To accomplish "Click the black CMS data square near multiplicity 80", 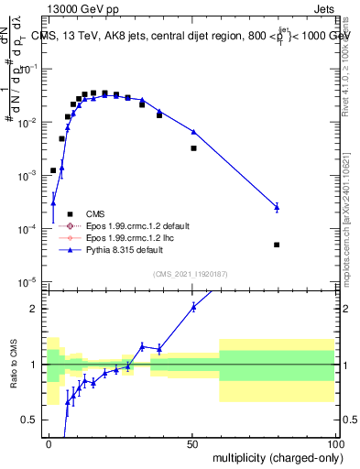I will [277, 245].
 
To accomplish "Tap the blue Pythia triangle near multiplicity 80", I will [277, 208].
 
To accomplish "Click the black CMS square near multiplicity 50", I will [193, 147].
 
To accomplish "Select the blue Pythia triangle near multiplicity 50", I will [193, 132].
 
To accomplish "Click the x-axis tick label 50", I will [192, 444].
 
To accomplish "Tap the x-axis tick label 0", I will [49, 444].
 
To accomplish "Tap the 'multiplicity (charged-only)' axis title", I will [272, 458].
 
